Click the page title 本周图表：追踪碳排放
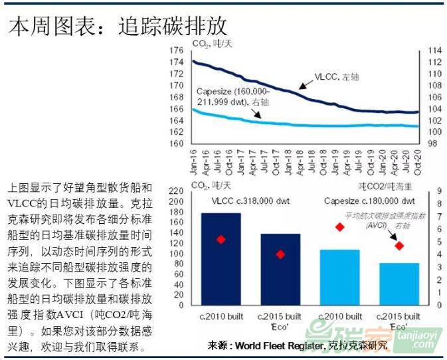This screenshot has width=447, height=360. pyautogui.click(x=118, y=26)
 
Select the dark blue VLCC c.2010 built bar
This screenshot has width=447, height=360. pyautogui.click(x=221, y=259)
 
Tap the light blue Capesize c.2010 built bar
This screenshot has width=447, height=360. pyautogui.click(x=339, y=278)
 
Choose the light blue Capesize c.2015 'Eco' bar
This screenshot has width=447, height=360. pyautogui.click(x=399, y=284)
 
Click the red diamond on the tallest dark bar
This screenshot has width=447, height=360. pyautogui.click(x=221, y=239)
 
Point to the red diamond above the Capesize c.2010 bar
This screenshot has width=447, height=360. pyautogui.click(x=339, y=227)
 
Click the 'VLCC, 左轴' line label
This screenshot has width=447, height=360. pyautogui.click(x=337, y=78)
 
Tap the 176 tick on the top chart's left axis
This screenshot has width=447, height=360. pyautogui.click(x=176, y=50)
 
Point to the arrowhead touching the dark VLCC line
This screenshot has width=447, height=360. pyautogui.click(x=300, y=86)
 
